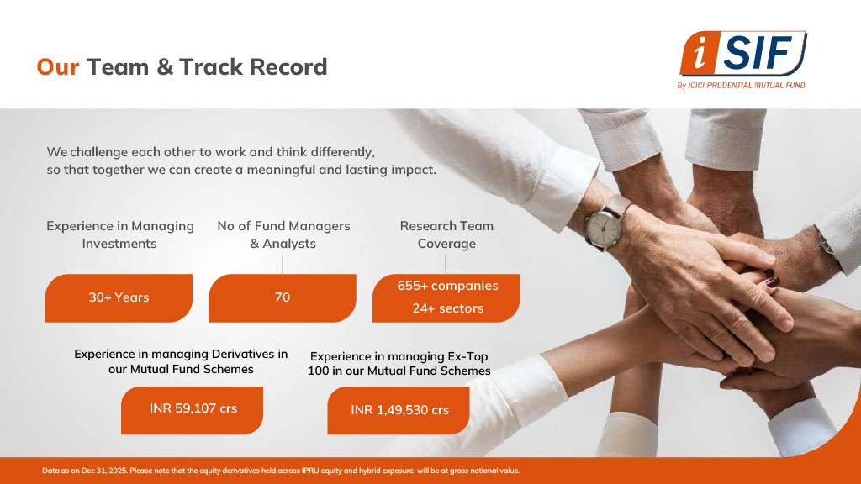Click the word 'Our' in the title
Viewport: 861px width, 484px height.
58,67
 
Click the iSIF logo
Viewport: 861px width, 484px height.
743,54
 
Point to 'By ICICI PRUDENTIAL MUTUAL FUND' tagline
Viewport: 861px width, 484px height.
741,85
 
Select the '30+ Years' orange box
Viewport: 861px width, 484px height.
119,298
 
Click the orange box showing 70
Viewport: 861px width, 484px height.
283,298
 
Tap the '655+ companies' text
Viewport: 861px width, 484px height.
448,286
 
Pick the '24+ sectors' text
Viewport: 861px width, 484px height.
448,308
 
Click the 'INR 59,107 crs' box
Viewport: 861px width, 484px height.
193,410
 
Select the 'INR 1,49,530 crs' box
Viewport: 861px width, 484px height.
399,410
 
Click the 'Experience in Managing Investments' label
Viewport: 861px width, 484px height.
119,235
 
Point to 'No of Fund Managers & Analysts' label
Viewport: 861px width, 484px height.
283,235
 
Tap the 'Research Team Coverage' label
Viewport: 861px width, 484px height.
446,235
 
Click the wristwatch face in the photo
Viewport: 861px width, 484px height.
602,225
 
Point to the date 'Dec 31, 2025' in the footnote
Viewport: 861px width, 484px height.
103,471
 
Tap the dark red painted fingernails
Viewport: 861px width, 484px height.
772,278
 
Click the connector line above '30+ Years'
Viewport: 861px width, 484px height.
119,265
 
